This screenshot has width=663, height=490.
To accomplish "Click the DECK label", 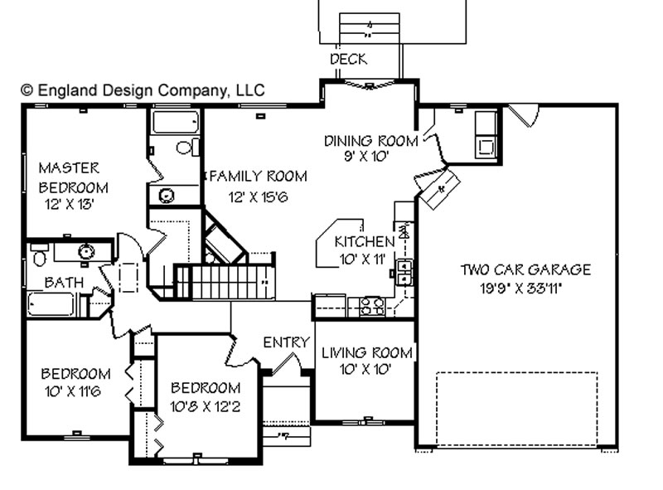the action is pyautogui.click(x=349, y=59).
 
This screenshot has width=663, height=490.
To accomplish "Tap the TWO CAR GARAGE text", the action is pyautogui.click(x=525, y=269).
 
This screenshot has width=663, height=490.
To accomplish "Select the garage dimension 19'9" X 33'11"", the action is pyautogui.click(x=521, y=289).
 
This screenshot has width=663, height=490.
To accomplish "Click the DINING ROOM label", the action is pyautogui.click(x=370, y=141).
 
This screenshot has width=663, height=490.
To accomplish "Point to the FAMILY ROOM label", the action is pyautogui.click(x=259, y=176).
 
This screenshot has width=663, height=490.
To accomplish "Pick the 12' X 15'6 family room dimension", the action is pyautogui.click(x=258, y=196).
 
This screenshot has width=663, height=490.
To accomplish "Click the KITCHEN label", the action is pyautogui.click(x=365, y=241).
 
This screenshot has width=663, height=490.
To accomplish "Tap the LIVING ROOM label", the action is pyautogui.click(x=367, y=352).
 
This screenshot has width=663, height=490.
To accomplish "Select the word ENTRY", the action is pyautogui.click(x=286, y=342).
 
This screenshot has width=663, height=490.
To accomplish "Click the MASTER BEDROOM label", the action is pyautogui.click(x=73, y=177).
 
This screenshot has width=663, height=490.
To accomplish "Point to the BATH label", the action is pyautogui.click(x=64, y=282).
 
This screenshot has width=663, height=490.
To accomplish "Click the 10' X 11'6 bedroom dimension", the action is pyautogui.click(x=73, y=391).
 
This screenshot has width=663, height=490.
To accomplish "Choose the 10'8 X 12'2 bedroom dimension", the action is pyautogui.click(x=205, y=406).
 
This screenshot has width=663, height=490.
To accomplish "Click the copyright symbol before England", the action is pyautogui.click(x=27, y=90).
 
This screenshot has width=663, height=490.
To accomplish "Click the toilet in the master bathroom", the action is pyautogui.click(x=188, y=147).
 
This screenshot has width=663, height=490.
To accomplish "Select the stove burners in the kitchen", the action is pyautogui.click(x=371, y=307).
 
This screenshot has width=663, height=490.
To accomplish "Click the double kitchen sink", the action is pyautogui.click(x=404, y=273).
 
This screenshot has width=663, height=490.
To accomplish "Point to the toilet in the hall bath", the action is pyautogui.click(x=39, y=255).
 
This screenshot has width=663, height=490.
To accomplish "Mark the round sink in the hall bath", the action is pyautogui.click(x=86, y=252).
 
